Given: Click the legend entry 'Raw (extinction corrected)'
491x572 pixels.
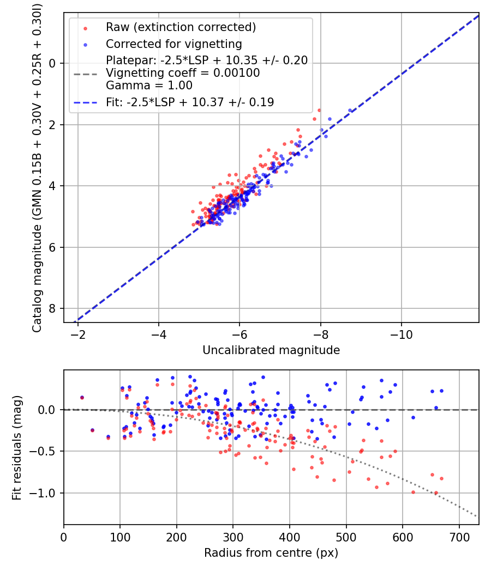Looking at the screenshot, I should click(x=181, y=27).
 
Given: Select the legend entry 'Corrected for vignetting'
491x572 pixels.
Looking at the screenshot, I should click(x=174, y=44).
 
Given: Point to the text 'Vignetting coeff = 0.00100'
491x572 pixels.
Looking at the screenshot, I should click(x=182, y=73).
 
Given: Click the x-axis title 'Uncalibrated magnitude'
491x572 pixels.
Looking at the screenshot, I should click(x=271, y=350).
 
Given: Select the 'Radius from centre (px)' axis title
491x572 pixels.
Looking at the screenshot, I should click(x=271, y=553).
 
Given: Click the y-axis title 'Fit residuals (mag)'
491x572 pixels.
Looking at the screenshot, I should click(x=16, y=447).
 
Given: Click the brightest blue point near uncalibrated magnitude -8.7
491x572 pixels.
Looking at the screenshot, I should click(x=350, y=111).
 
